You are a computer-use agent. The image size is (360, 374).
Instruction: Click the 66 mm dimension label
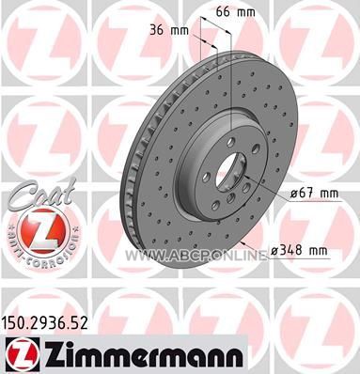[236, 12]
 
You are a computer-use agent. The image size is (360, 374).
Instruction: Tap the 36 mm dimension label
[169, 31]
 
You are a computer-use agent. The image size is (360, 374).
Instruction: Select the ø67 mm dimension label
[314, 194]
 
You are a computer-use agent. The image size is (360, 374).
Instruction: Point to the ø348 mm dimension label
[298, 250]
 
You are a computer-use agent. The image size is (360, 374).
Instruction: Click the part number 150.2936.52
[45, 323]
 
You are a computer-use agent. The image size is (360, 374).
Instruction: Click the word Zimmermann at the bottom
[145, 355]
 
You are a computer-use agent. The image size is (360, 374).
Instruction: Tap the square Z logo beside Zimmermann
[22, 355]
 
